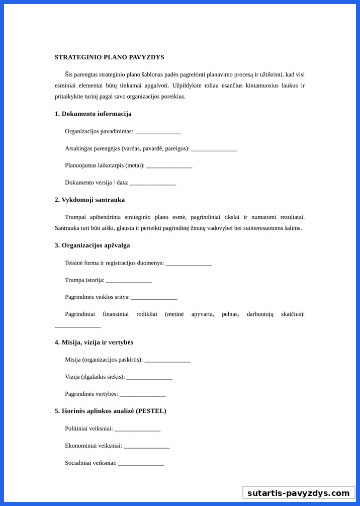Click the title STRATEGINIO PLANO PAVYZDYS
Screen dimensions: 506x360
(109, 57)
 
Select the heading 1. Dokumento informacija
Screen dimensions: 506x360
(93, 114)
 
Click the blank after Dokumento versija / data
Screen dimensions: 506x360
(153, 184)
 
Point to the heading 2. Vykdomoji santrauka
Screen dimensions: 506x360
(89, 200)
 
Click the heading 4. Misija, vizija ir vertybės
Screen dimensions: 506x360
(94, 343)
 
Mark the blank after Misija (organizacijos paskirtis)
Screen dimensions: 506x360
(167, 361)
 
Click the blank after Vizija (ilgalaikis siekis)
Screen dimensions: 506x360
(149, 378)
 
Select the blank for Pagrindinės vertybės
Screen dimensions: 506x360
(142, 395)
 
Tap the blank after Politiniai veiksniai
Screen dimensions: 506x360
(137, 430)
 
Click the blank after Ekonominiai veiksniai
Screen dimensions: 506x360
(146, 447)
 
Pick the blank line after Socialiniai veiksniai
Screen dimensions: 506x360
(141, 464)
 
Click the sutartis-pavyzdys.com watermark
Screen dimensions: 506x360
(298, 493)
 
